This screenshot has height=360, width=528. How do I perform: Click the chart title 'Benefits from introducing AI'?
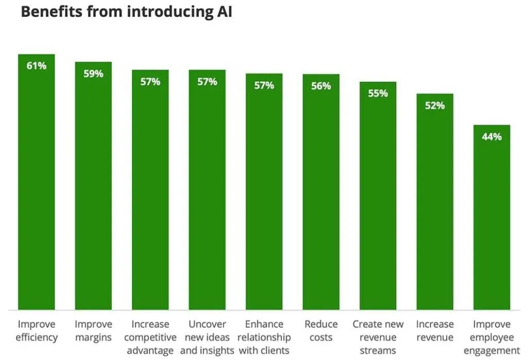[126, 12]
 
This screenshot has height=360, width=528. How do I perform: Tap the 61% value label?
[36, 66]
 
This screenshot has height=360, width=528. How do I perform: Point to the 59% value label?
[93, 74]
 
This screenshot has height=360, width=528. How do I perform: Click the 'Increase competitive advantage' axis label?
[150, 337]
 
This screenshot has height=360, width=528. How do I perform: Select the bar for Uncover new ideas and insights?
[207, 196]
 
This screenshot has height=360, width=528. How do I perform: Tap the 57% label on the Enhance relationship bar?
[264, 86]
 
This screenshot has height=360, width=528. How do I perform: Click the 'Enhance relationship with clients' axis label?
[264, 337]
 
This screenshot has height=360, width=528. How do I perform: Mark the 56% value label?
[321, 86]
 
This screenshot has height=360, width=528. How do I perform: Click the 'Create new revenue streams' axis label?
[378, 337]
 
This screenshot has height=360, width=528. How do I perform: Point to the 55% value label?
[378, 94]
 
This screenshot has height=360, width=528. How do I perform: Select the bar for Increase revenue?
[435, 206]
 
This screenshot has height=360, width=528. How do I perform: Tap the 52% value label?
[435, 106]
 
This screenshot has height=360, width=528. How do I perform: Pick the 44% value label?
[492, 137]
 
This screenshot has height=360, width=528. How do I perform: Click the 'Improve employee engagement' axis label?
[492, 337]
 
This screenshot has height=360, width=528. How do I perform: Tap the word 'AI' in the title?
[223, 12]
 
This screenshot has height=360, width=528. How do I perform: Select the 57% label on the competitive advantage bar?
[150, 81]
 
